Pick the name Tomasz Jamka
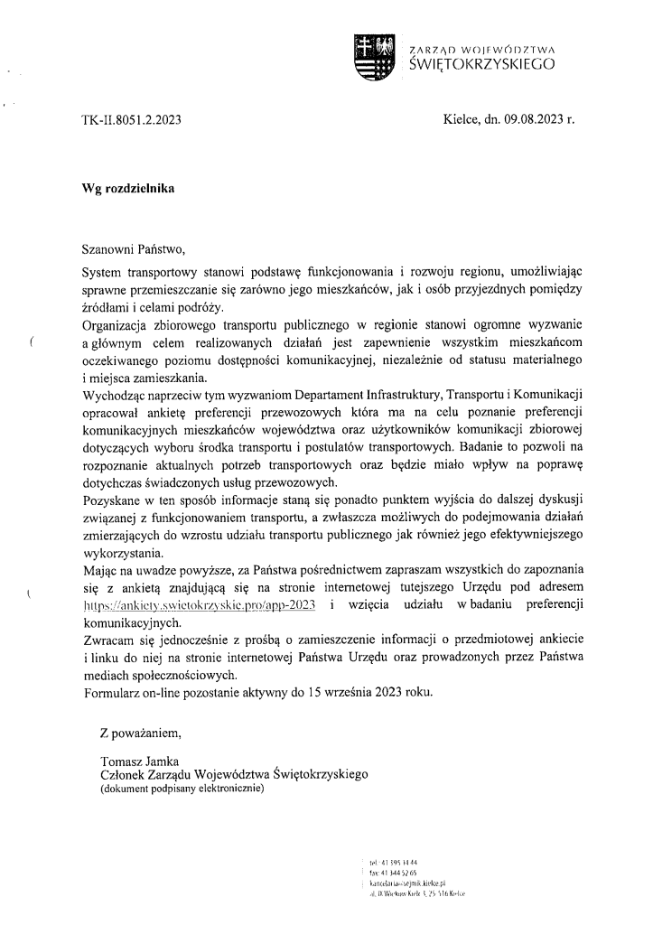(x=140, y=761)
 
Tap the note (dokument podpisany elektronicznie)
(x=182, y=789)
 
